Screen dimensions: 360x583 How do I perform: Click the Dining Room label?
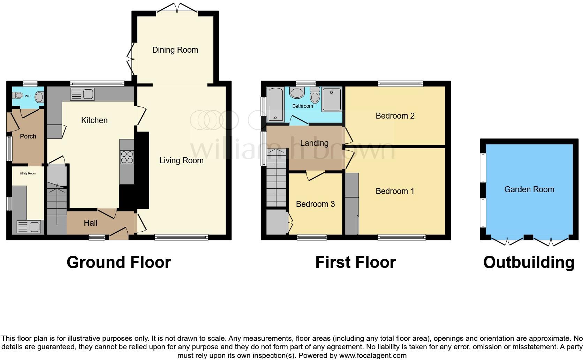pyautogui.click(x=175, y=50)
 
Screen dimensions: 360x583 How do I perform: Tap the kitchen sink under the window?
pyautogui.click(x=82, y=94)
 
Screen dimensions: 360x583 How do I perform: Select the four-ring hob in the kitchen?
pyautogui.click(x=127, y=157)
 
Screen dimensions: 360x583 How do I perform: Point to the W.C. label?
pyautogui.click(x=28, y=96)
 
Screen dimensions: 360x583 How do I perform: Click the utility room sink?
pyautogui.click(x=28, y=227)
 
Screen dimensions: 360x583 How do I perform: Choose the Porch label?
pyautogui.click(x=28, y=136)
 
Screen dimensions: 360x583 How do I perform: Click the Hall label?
pyautogui.click(x=90, y=223)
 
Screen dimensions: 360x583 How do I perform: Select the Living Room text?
pyautogui.click(x=181, y=160)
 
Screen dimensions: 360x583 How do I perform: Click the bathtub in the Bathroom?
pyautogui.click(x=275, y=104)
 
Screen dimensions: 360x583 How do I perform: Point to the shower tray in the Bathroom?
pyautogui.click(x=331, y=99)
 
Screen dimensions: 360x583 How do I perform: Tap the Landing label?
pyautogui.click(x=314, y=143)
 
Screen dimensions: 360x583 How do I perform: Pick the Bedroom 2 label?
pyautogui.click(x=395, y=116)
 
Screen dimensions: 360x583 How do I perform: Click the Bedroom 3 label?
pyautogui.click(x=315, y=204)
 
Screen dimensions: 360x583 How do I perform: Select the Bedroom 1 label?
pyautogui.click(x=395, y=191)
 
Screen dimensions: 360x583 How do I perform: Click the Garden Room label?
pyautogui.click(x=529, y=189)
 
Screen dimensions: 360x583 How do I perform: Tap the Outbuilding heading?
pyautogui.click(x=529, y=262)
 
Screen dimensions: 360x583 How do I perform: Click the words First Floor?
pyautogui.click(x=355, y=262)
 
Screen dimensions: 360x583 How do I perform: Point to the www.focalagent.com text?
pyautogui.click(x=373, y=356)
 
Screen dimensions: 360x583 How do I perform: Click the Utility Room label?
pyautogui.click(x=28, y=173)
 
